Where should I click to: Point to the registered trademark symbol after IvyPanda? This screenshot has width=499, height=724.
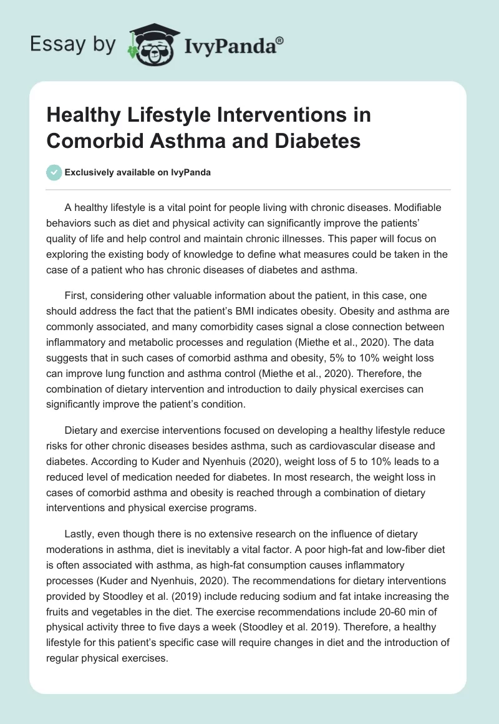coord(279,40)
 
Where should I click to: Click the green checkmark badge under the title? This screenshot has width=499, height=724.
coord(54,172)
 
